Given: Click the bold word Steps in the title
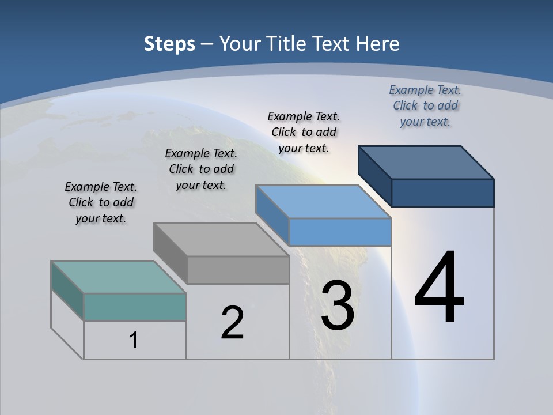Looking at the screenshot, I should [x=169, y=44].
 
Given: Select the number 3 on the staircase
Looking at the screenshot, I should [x=338, y=305].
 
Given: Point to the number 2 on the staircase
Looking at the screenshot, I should [x=232, y=323].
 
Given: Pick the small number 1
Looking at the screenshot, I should [x=133, y=340].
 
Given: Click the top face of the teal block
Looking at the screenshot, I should [x=119, y=277].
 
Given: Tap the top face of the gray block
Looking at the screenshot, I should [x=221, y=239].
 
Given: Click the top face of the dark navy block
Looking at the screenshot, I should [x=426, y=162].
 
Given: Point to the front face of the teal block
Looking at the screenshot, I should [x=135, y=307].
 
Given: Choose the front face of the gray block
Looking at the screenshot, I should [x=238, y=270].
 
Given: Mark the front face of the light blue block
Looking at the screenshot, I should [x=340, y=232].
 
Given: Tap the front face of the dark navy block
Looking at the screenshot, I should [x=442, y=193].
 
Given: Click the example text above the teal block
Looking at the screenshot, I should [x=101, y=203].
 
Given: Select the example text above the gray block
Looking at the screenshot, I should [x=201, y=169].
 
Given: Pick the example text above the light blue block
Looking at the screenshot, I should [x=304, y=132].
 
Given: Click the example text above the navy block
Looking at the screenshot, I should [x=425, y=105].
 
